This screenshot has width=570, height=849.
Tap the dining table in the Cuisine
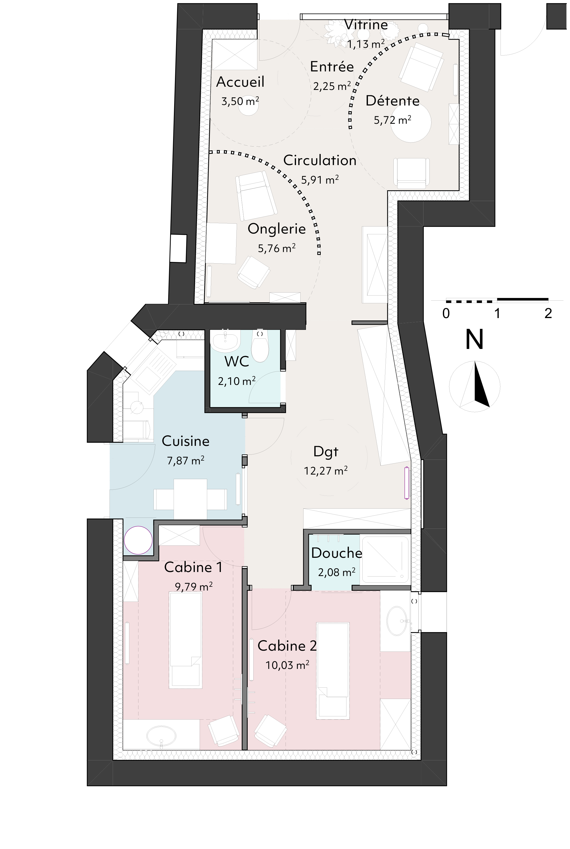190,499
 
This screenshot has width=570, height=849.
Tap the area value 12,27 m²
326,471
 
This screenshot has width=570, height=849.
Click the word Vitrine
366,25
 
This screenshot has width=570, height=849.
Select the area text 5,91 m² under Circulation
320,180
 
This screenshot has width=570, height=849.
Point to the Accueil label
240,82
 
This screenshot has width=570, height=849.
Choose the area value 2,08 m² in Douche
337,573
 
